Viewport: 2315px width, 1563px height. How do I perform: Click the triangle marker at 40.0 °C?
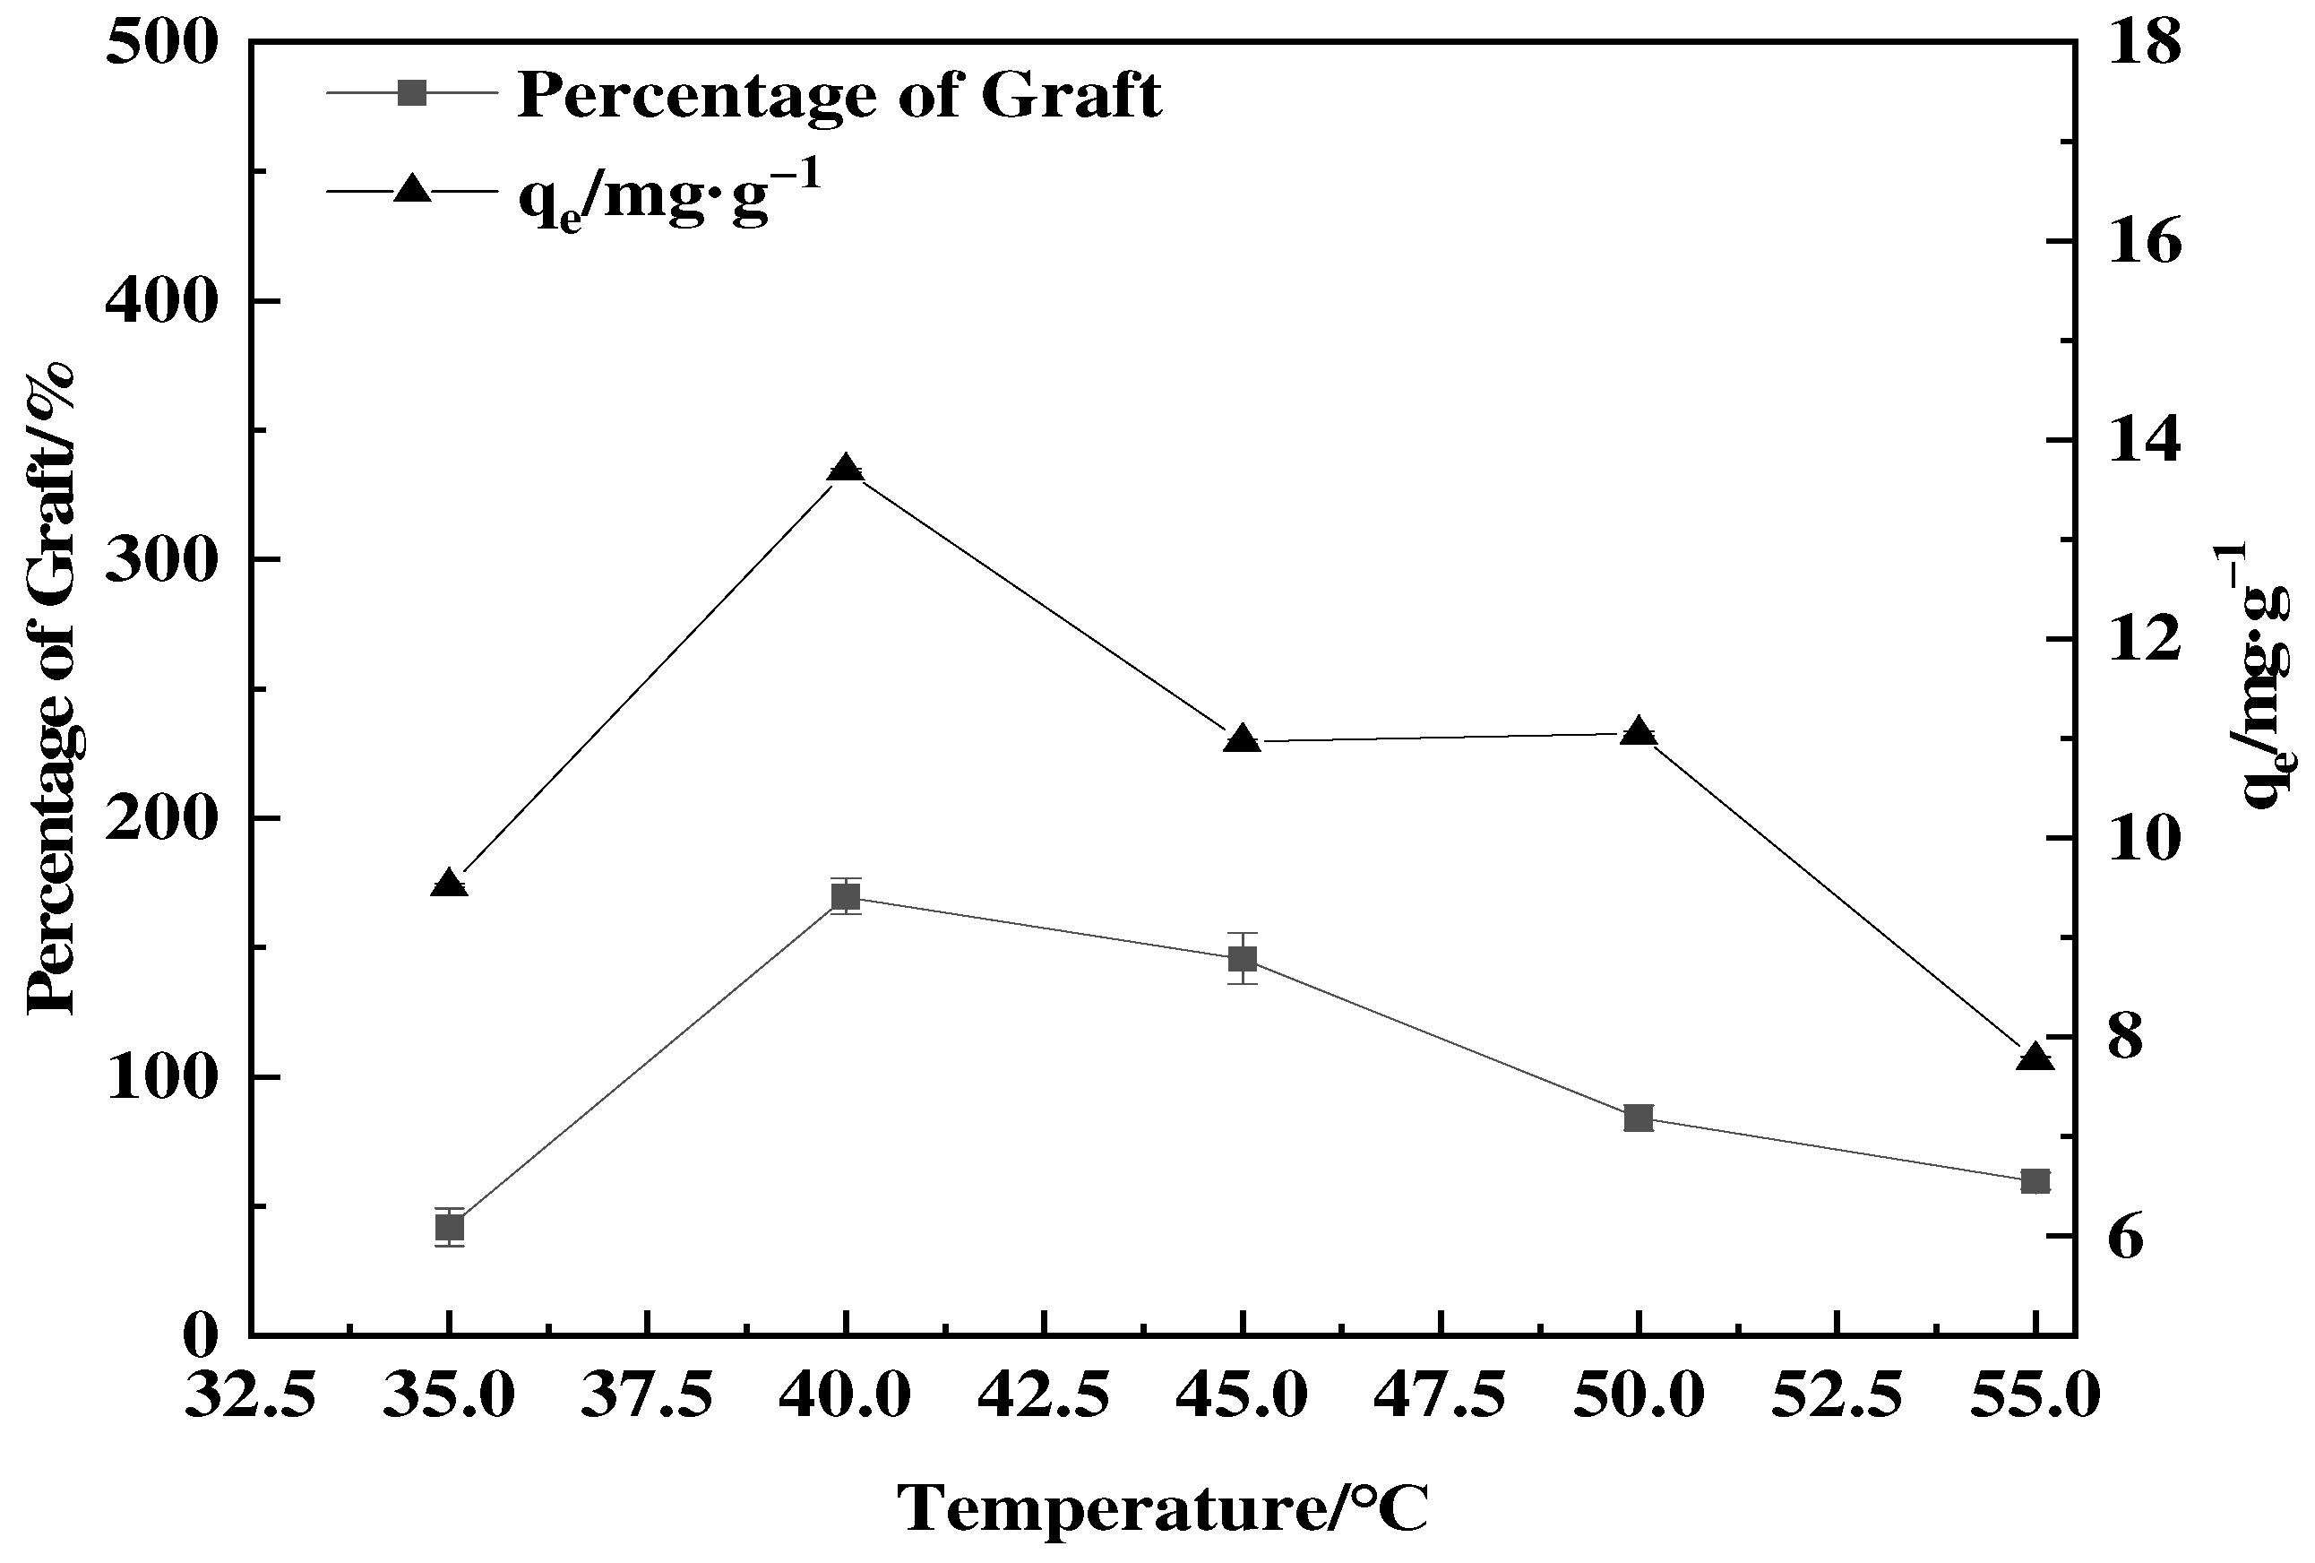point(846,470)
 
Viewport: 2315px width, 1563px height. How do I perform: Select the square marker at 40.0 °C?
point(846,896)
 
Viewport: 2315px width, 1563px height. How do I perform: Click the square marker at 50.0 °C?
point(1639,1118)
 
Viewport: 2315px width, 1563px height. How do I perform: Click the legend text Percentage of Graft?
point(839,96)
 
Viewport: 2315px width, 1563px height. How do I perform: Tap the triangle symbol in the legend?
point(412,188)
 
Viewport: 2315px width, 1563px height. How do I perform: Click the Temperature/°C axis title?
point(1163,1507)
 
